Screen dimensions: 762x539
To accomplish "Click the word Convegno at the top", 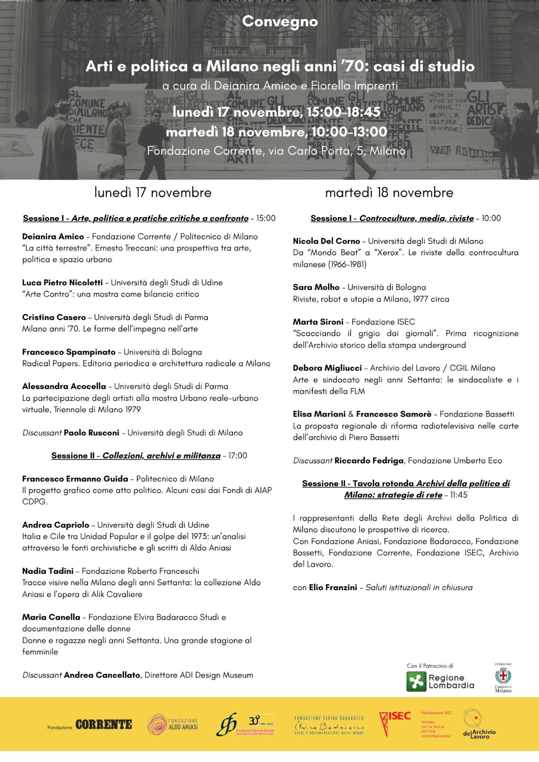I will click(280, 21).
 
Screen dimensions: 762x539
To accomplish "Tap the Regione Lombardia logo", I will click(440, 681).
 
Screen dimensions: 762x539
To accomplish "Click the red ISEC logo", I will click(394, 722).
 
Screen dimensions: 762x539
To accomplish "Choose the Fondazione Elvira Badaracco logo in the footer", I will click(329, 725).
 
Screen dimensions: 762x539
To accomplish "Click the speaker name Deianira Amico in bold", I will click(53, 237).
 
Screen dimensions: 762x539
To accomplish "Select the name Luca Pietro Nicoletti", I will click(62, 283).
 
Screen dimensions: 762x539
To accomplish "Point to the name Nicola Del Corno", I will click(326, 241).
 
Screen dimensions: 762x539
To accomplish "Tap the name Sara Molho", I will click(316, 288).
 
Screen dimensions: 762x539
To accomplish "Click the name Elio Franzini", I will click(333, 588).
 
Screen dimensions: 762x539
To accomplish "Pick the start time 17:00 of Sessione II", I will click(238, 456).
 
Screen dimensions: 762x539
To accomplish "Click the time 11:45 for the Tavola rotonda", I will click(458, 495).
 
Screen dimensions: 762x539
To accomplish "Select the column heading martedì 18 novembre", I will click(389, 193).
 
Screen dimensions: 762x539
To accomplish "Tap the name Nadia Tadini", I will click(48, 571).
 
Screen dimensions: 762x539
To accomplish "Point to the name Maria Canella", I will click(51, 617).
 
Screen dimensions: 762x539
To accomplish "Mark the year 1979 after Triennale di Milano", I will click(132, 410).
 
